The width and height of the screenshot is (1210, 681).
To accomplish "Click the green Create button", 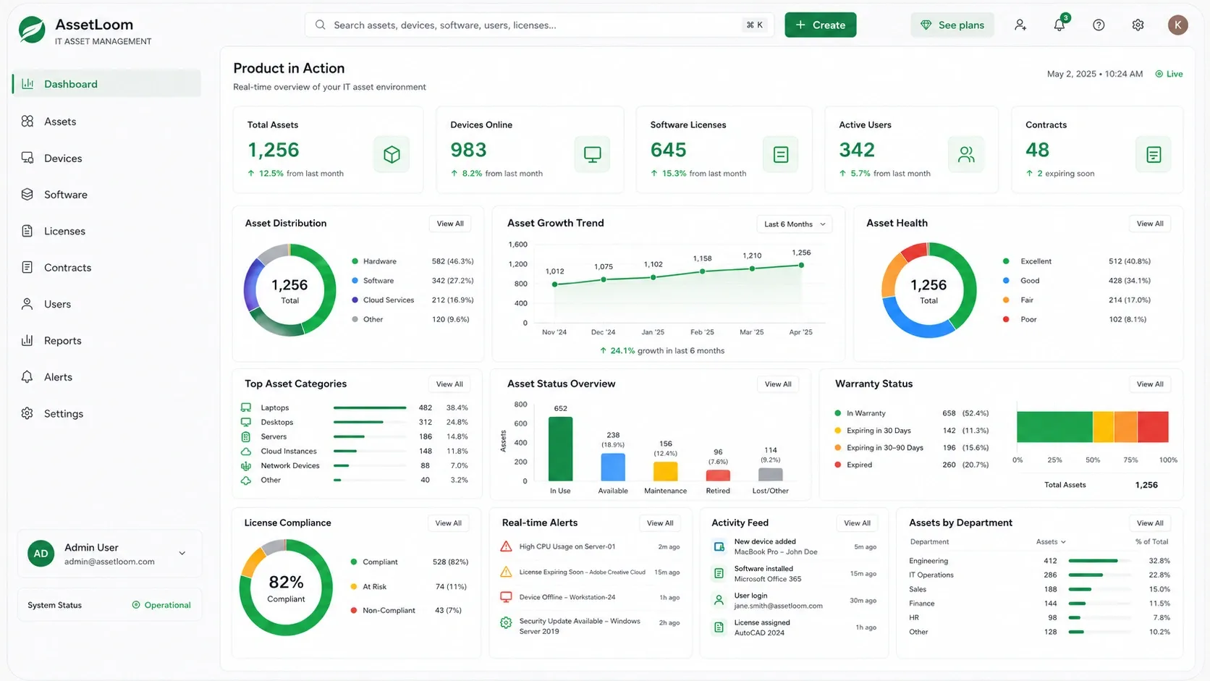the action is (x=820, y=25).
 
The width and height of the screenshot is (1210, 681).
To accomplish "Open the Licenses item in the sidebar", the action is (x=64, y=231).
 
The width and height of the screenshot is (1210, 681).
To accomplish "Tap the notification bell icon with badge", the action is (x=1059, y=24).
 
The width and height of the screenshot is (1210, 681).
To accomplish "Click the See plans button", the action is (x=952, y=25).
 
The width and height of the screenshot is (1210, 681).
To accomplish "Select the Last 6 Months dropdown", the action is (x=794, y=224).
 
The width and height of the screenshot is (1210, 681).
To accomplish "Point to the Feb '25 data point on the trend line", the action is (x=702, y=271).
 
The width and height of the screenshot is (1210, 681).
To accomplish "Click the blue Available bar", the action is (x=613, y=467).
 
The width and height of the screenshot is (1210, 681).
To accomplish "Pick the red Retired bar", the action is (x=718, y=475).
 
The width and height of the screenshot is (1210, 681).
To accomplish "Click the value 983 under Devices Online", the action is (x=468, y=150).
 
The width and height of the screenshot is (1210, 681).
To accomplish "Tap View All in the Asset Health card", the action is (x=1149, y=224).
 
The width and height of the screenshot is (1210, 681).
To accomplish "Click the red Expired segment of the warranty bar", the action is (x=1153, y=427).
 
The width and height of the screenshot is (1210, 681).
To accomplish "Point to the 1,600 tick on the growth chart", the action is (x=517, y=245).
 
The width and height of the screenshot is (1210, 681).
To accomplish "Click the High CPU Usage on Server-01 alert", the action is (x=567, y=546).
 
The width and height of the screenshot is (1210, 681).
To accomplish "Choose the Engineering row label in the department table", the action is (x=928, y=561).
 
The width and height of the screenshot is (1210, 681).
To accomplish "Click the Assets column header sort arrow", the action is (x=1063, y=541).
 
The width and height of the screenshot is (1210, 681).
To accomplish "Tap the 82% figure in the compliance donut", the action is (x=286, y=582).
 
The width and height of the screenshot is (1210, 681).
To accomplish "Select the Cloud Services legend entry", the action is (x=389, y=300).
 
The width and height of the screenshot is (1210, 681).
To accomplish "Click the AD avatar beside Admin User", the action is (x=41, y=554).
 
